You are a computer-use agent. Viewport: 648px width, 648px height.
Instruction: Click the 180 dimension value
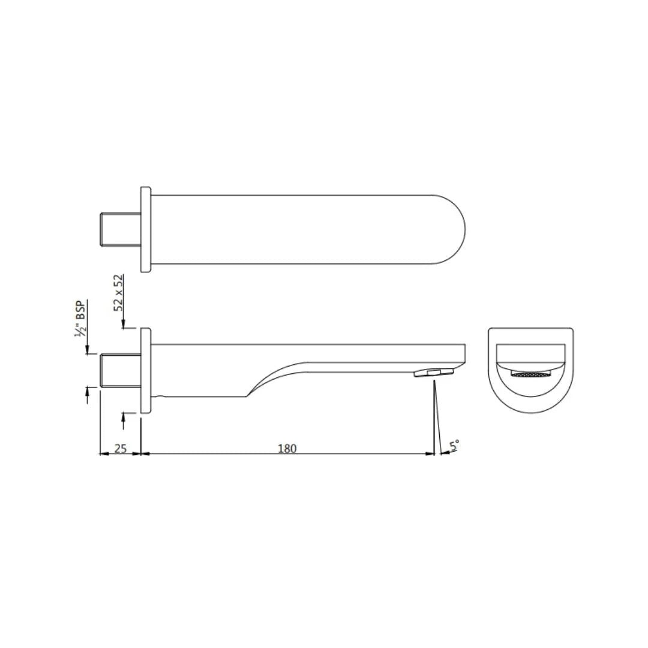click(287, 448)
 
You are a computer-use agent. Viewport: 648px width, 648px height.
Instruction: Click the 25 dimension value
click(121, 448)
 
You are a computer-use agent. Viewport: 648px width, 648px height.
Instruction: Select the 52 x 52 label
click(119, 292)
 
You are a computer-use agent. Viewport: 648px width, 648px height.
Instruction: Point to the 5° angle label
click(455, 445)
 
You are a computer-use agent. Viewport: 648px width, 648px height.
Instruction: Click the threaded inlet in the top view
click(119, 230)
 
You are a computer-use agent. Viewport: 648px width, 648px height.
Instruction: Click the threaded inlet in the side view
click(119, 370)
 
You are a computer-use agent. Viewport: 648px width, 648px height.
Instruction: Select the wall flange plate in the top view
click(145, 230)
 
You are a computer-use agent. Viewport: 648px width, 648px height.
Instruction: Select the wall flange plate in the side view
click(145, 370)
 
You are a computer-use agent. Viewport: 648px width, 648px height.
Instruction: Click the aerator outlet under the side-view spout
click(433, 373)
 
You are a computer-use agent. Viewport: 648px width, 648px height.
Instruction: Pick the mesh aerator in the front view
click(530, 374)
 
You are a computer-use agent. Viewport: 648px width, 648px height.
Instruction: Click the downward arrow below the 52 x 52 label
click(123, 325)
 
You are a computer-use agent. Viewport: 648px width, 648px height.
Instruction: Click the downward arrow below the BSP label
click(88, 350)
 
